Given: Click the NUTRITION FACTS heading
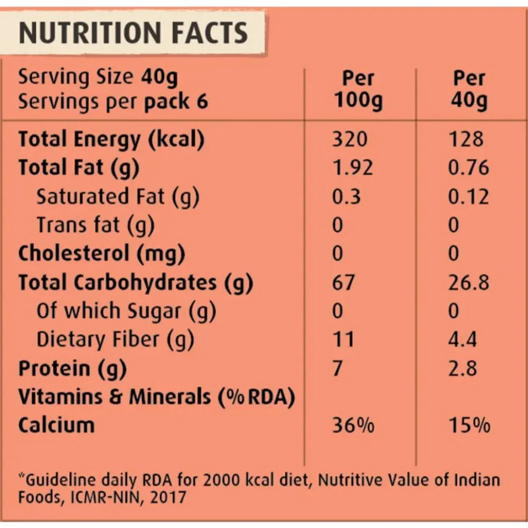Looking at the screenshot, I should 133,33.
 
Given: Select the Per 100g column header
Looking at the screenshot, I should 359,89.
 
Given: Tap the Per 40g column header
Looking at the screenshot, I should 469,89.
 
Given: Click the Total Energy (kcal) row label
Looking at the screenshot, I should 111,139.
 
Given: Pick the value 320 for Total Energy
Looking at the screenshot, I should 350,139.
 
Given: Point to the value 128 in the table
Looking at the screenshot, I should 465,139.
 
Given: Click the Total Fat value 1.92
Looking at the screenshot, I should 353,168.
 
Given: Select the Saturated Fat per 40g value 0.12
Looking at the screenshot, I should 468,196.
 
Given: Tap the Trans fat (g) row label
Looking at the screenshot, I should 95,225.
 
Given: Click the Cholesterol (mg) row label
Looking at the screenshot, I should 102,254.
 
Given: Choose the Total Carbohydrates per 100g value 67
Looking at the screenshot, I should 344,282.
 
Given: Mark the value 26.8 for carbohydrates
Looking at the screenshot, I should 468,282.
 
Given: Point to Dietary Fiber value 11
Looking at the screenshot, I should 343,339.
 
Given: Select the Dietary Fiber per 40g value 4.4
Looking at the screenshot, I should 463,339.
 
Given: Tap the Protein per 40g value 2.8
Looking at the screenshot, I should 463,368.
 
